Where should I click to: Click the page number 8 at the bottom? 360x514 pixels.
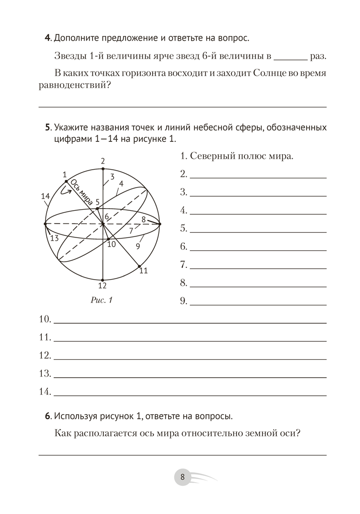point(183,476)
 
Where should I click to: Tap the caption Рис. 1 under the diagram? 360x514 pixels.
point(101,300)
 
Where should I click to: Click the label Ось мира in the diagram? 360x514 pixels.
point(81,192)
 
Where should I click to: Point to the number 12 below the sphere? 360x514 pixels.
point(102,286)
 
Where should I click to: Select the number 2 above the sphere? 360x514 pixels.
point(103,161)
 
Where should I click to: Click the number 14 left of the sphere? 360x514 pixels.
point(45,196)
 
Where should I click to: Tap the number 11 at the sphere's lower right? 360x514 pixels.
point(143,270)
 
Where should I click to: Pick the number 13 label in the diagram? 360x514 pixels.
point(54,238)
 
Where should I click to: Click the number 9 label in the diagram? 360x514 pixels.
point(138,246)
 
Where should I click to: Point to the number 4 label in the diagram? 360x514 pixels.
point(121,183)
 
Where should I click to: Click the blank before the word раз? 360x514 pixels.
point(291,57)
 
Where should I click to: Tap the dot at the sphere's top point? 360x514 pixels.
point(103,169)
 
